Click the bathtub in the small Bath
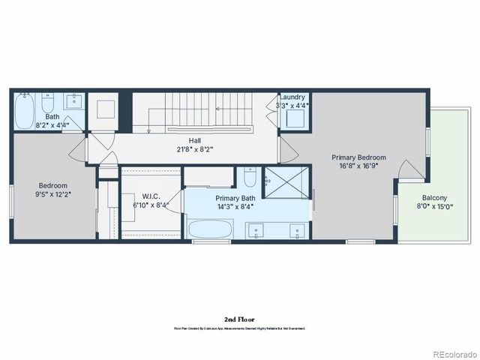(25, 112)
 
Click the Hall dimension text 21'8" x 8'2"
(194, 148)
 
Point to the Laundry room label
(292, 97)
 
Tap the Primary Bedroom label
(359, 157)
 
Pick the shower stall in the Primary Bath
(285, 182)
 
